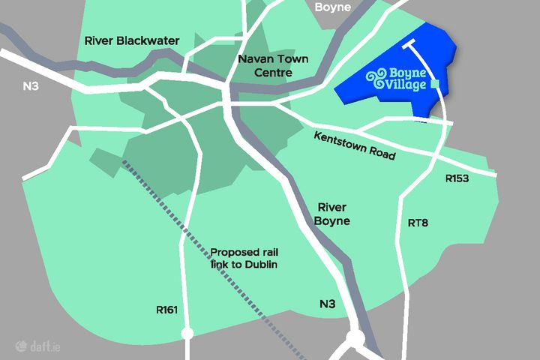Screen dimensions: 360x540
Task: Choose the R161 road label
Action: click(167, 307)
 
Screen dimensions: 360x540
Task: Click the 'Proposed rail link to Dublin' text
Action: click(246, 259)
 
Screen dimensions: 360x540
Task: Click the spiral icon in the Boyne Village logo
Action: click(376, 78)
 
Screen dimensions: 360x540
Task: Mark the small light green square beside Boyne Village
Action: click(435, 85)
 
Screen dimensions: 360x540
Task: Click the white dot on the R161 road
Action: click(187, 333)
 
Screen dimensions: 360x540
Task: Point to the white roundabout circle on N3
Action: click(355, 339)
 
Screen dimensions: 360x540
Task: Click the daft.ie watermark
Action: click(36, 346)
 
